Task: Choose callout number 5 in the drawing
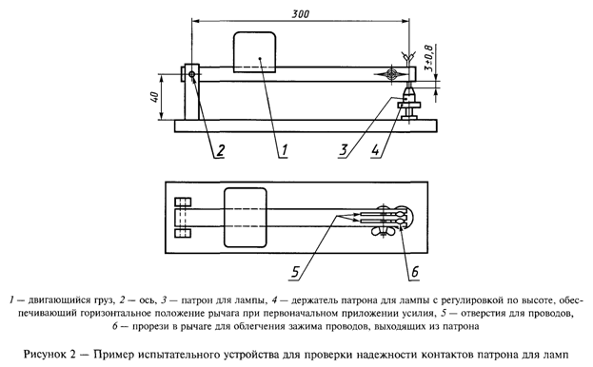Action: (299, 276)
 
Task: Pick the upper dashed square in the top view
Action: (185, 203)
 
